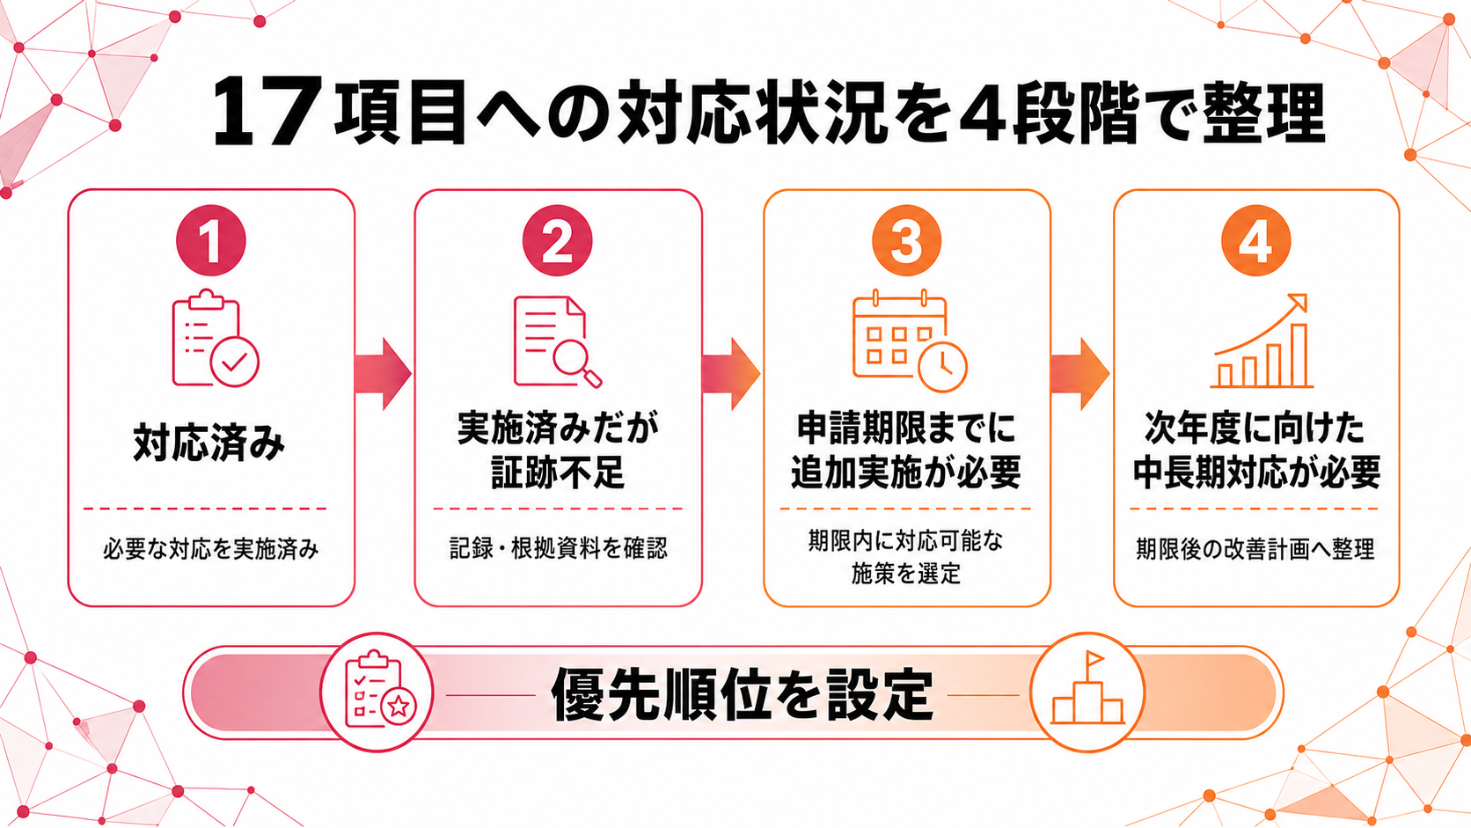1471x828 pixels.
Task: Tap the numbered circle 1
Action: tap(211, 240)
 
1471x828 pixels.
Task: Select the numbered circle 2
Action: tap(558, 240)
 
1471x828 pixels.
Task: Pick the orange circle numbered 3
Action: tap(906, 240)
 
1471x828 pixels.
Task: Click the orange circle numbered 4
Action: tap(1255, 240)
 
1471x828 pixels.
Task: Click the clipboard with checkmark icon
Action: tap(216, 338)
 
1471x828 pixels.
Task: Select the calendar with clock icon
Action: tap(910, 341)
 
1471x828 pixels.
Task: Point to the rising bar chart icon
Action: tap(1261, 341)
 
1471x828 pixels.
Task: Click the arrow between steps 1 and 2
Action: tap(383, 374)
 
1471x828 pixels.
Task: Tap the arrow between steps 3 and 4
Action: tap(1080, 374)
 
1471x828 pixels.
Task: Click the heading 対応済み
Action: tap(209, 443)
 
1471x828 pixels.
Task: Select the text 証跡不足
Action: tap(558, 472)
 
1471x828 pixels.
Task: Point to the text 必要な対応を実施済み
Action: tap(211, 549)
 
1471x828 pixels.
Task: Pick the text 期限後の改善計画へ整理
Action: tap(1255, 549)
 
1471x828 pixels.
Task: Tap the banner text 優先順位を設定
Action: tap(742, 694)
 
